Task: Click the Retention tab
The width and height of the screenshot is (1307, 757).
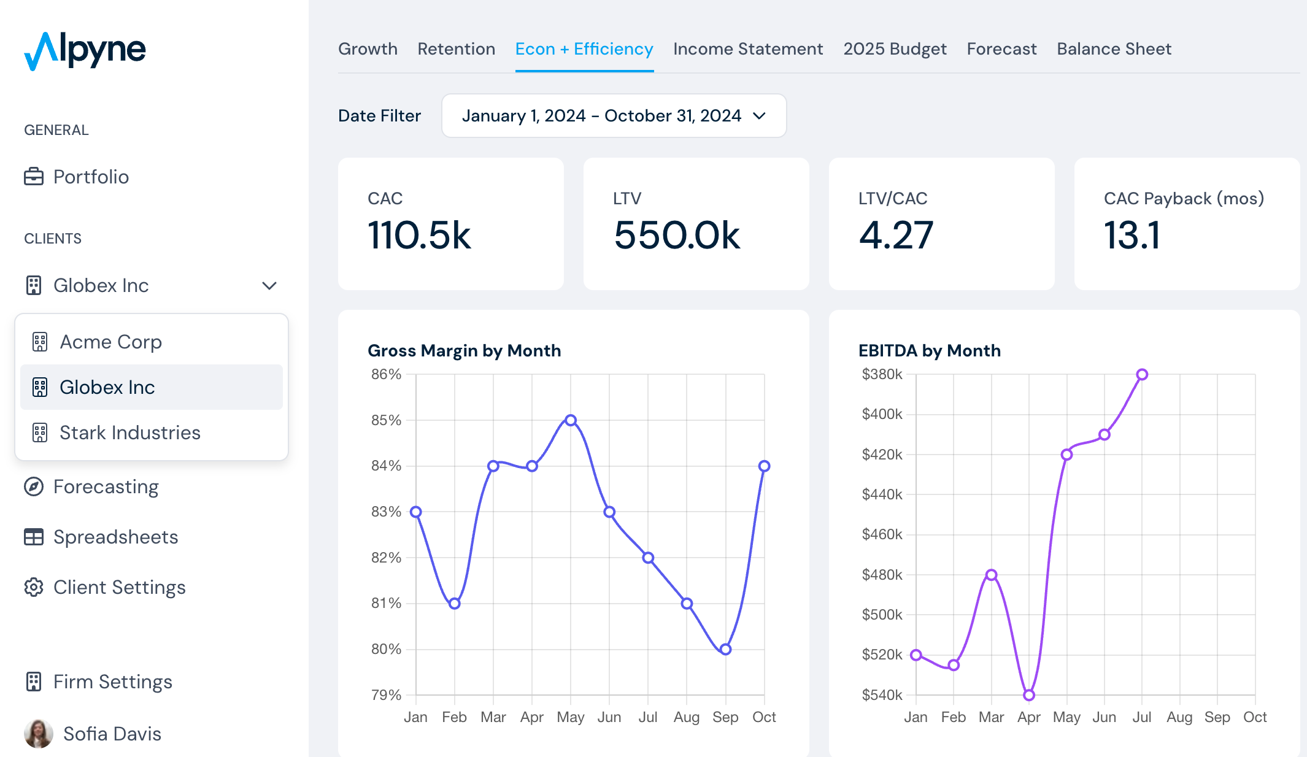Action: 456,49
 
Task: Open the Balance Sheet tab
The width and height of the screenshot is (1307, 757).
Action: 1114,49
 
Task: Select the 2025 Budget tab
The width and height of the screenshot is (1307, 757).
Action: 895,49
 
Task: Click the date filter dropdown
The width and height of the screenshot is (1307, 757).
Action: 614,116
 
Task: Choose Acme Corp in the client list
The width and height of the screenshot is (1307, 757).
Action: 110,342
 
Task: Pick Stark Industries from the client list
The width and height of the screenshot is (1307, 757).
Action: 129,432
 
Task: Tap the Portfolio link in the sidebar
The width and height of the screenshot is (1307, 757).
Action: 91,177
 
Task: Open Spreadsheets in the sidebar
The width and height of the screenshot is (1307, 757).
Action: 115,537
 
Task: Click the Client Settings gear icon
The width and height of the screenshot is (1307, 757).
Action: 34,587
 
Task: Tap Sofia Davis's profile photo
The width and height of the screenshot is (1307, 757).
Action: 39,734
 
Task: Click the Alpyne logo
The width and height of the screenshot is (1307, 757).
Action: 85,50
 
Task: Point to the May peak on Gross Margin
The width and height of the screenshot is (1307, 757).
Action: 571,420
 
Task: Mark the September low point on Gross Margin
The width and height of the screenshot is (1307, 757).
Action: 725,649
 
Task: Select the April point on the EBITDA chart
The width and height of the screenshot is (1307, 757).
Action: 1029,695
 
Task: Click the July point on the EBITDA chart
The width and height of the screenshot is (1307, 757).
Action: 1142,374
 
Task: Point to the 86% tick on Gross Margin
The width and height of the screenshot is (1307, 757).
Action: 386,374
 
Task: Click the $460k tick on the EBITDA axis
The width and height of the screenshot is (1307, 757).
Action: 882,534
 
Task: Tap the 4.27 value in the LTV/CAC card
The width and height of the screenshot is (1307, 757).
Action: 896,236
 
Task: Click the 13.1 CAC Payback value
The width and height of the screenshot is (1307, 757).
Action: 1132,236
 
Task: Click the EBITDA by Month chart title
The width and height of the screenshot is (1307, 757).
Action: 929,351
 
